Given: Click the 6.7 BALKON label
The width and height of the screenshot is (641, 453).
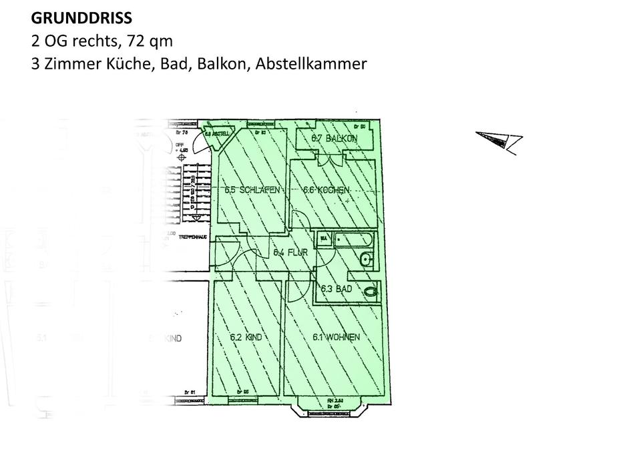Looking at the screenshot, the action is [x=335, y=139].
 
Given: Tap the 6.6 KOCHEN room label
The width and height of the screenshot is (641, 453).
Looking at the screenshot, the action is [x=327, y=190].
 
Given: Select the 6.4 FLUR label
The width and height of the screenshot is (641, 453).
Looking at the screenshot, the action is [x=290, y=253].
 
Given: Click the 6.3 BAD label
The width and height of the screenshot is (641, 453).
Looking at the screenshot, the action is [x=336, y=290].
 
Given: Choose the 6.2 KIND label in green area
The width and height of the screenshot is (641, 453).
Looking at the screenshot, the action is [x=246, y=338].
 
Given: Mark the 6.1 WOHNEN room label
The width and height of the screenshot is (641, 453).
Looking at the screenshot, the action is [x=336, y=338].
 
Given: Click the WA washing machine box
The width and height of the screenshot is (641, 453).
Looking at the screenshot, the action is [x=324, y=239].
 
